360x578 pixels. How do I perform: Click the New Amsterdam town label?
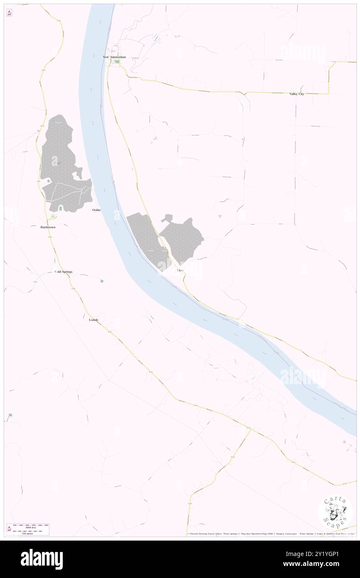114,57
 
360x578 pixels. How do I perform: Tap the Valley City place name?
297,94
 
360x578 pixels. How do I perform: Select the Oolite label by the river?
96,210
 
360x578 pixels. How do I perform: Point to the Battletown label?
48,227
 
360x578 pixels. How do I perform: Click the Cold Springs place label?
64,272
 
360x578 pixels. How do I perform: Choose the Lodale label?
94,320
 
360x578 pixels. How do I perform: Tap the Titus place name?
180,270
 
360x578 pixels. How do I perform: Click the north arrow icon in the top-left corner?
9,13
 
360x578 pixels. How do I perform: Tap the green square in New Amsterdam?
117,62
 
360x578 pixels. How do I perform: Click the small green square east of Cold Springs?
102,281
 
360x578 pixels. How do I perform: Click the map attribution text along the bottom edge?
270,534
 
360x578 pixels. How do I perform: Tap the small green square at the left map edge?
10,415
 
